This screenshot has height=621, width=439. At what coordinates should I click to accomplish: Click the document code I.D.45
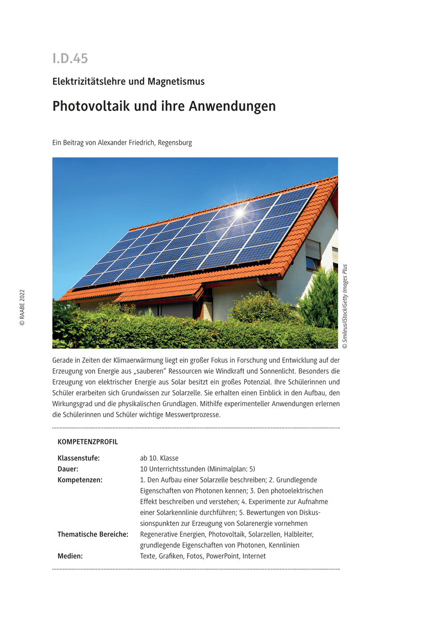[x=70, y=58]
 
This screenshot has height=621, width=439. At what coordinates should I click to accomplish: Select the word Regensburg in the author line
[x=175, y=143]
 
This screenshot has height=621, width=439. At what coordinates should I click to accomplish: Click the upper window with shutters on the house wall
[x=312, y=254]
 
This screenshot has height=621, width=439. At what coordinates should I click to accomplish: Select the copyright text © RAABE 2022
[x=22, y=307]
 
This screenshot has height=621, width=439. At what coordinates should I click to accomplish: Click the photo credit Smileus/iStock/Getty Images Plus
[x=345, y=305]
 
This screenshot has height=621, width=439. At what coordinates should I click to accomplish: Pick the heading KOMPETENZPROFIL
[x=87, y=442]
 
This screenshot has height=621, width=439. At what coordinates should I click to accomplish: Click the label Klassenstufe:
[x=78, y=459]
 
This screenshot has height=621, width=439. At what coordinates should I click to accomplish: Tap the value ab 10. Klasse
[x=159, y=459]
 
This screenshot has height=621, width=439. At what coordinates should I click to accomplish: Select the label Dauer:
[x=68, y=469]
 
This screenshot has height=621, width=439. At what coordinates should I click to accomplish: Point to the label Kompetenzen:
[x=80, y=480]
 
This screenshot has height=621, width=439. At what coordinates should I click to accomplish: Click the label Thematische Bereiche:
[x=93, y=535]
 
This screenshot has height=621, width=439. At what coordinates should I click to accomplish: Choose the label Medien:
[x=70, y=556]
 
